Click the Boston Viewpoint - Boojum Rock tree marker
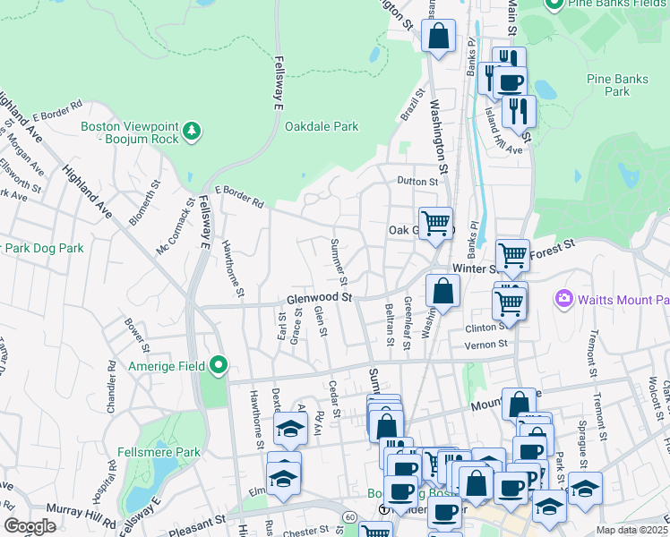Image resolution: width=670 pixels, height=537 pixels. click(191, 132)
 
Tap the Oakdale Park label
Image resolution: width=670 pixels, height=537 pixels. click(322, 127)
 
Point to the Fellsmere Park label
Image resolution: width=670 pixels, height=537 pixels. click(159, 453)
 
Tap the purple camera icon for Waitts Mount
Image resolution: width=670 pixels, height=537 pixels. click(564, 298)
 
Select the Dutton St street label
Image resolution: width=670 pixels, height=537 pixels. click(418, 181)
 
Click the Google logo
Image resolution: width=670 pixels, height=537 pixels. click(30, 526)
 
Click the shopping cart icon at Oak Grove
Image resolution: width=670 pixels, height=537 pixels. click(435, 222)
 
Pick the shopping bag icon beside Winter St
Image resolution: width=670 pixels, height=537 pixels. click(443, 292)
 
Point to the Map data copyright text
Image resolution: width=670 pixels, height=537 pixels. click(632, 530)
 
